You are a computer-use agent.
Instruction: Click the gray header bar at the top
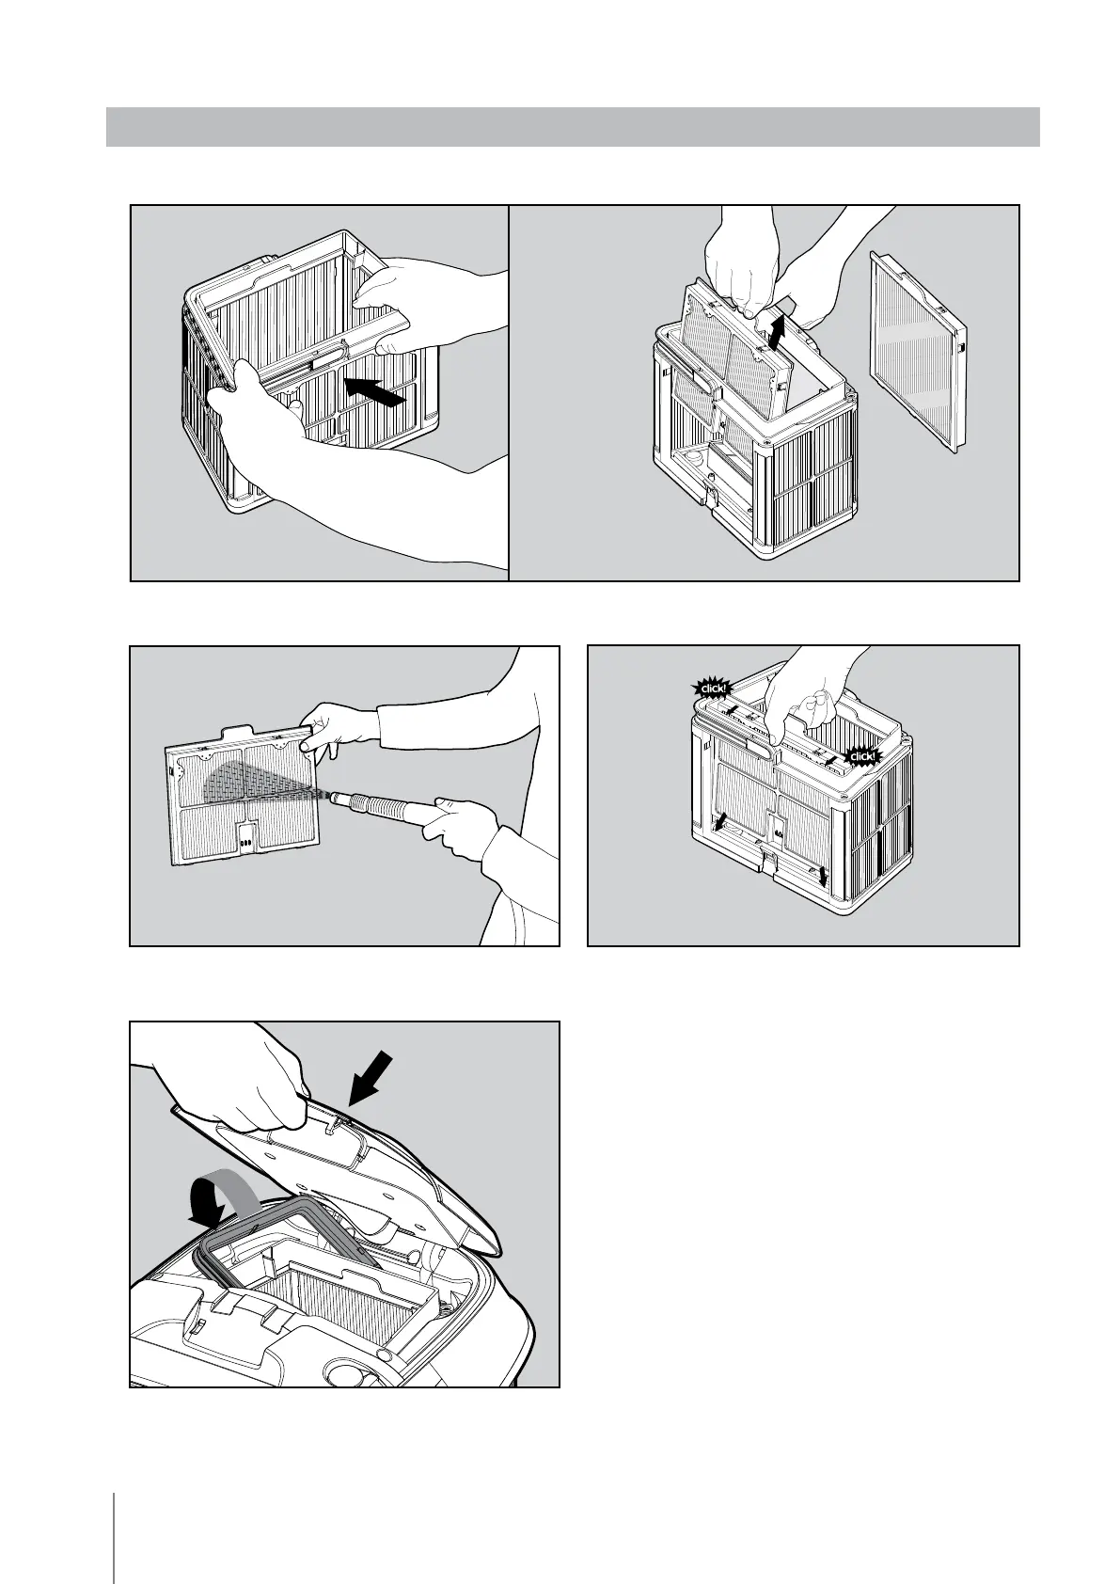572,127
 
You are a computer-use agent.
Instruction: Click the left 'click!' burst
712,689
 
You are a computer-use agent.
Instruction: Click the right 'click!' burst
860,755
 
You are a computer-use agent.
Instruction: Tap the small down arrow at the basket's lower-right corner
824,876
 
